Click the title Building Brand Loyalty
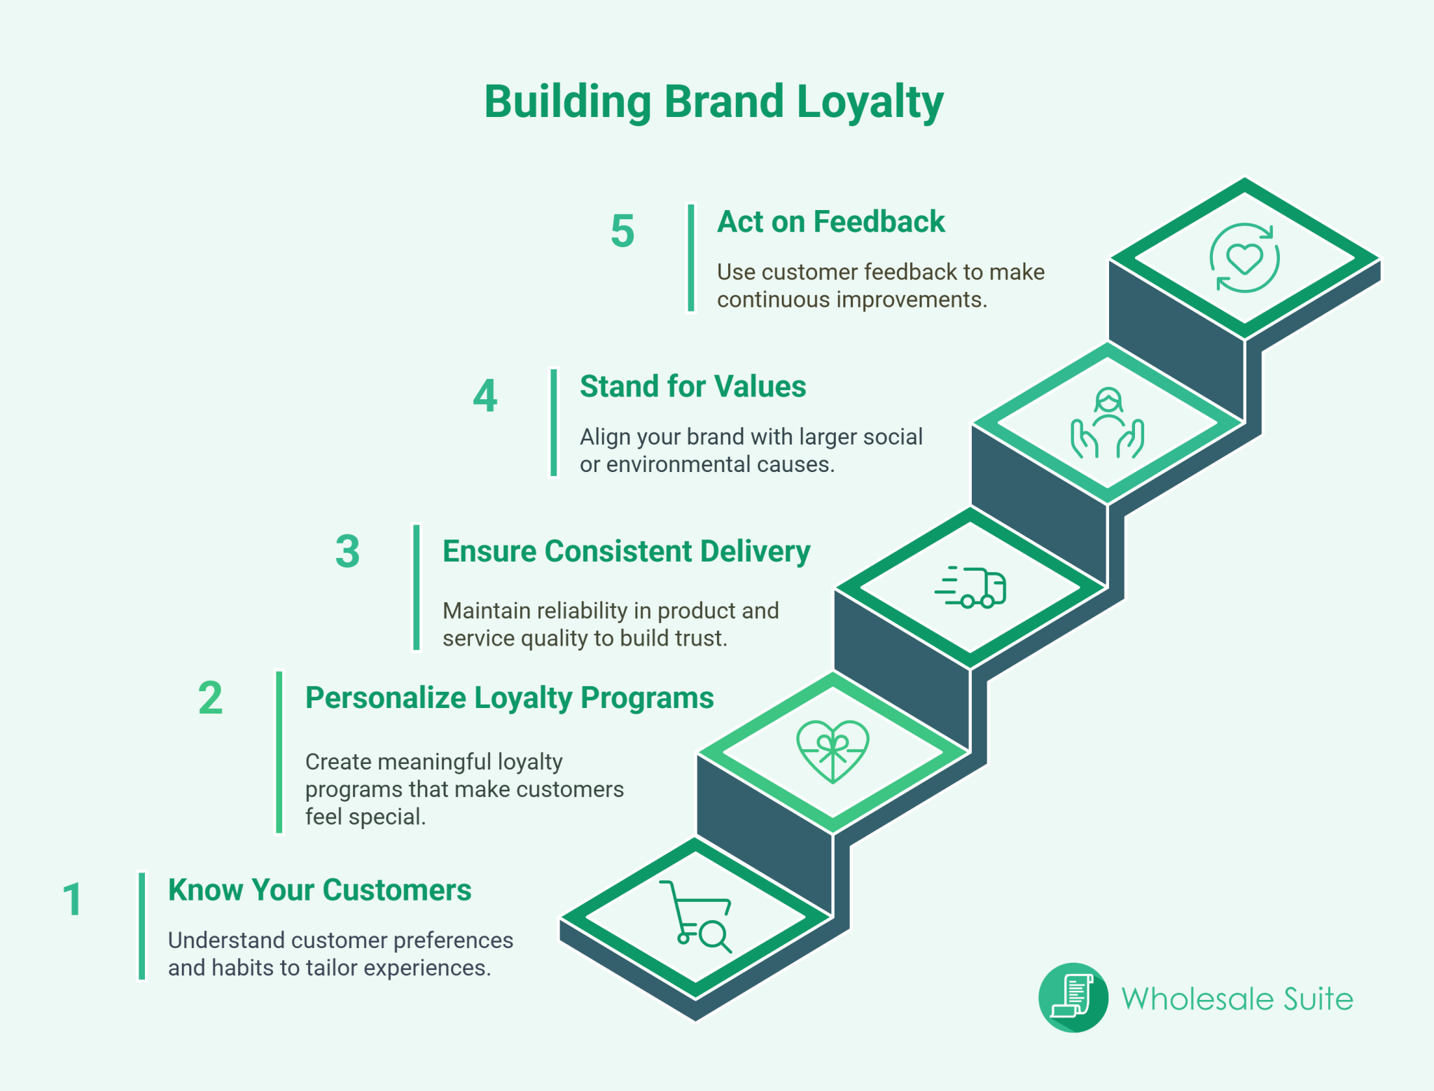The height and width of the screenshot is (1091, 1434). (x=713, y=102)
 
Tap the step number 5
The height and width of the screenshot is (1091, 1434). (x=622, y=231)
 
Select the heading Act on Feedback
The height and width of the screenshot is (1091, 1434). (x=830, y=222)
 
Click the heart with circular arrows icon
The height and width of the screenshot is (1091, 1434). (x=1244, y=258)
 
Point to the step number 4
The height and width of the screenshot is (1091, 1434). (x=485, y=396)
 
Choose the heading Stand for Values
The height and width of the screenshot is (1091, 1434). (x=692, y=387)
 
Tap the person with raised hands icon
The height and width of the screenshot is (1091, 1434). (x=1107, y=424)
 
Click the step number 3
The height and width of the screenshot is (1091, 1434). (x=347, y=552)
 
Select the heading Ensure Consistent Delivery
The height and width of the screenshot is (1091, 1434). (x=626, y=552)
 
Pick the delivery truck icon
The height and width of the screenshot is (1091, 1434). (x=971, y=587)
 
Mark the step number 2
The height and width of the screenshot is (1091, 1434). (x=210, y=698)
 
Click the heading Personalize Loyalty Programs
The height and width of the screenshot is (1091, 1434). (x=509, y=698)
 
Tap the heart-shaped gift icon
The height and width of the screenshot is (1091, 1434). (x=833, y=751)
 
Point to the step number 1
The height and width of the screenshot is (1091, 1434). (x=72, y=899)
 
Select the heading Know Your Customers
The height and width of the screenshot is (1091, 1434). (x=319, y=890)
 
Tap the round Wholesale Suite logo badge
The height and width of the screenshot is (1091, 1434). (x=1073, y=998)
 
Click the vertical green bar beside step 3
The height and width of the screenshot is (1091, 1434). (x=417, y=588)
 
